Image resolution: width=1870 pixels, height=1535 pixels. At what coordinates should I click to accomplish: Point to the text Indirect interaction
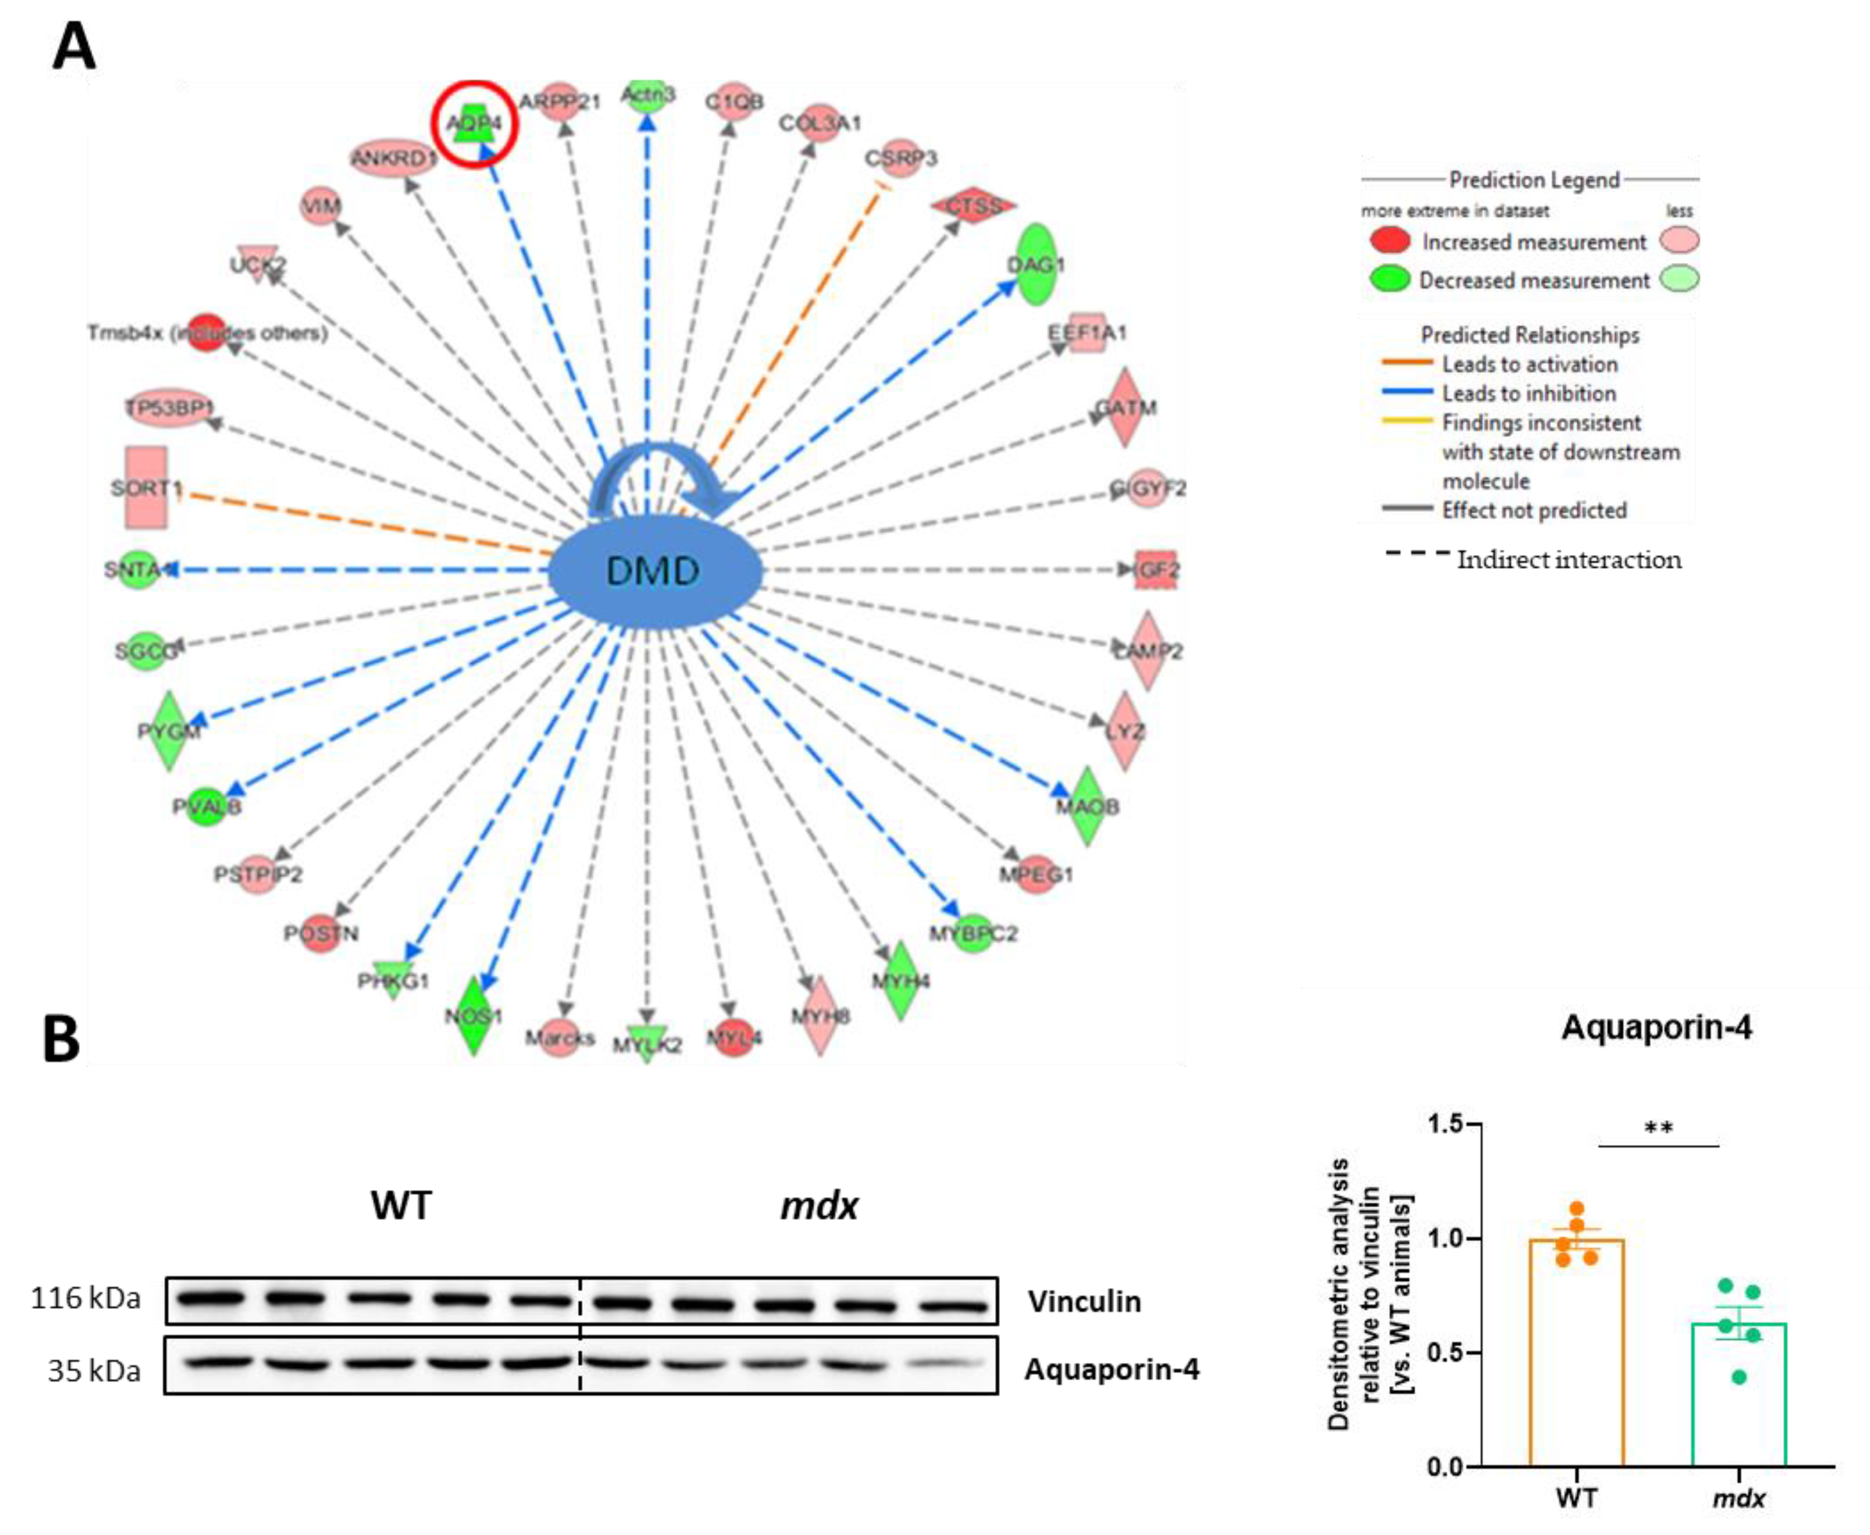1568,560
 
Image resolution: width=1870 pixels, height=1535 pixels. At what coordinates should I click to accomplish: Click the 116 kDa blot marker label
86,1298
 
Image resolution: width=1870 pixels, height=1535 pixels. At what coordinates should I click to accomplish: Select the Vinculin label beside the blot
1084,1302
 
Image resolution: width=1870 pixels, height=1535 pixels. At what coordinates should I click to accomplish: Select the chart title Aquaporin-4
1656,1027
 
